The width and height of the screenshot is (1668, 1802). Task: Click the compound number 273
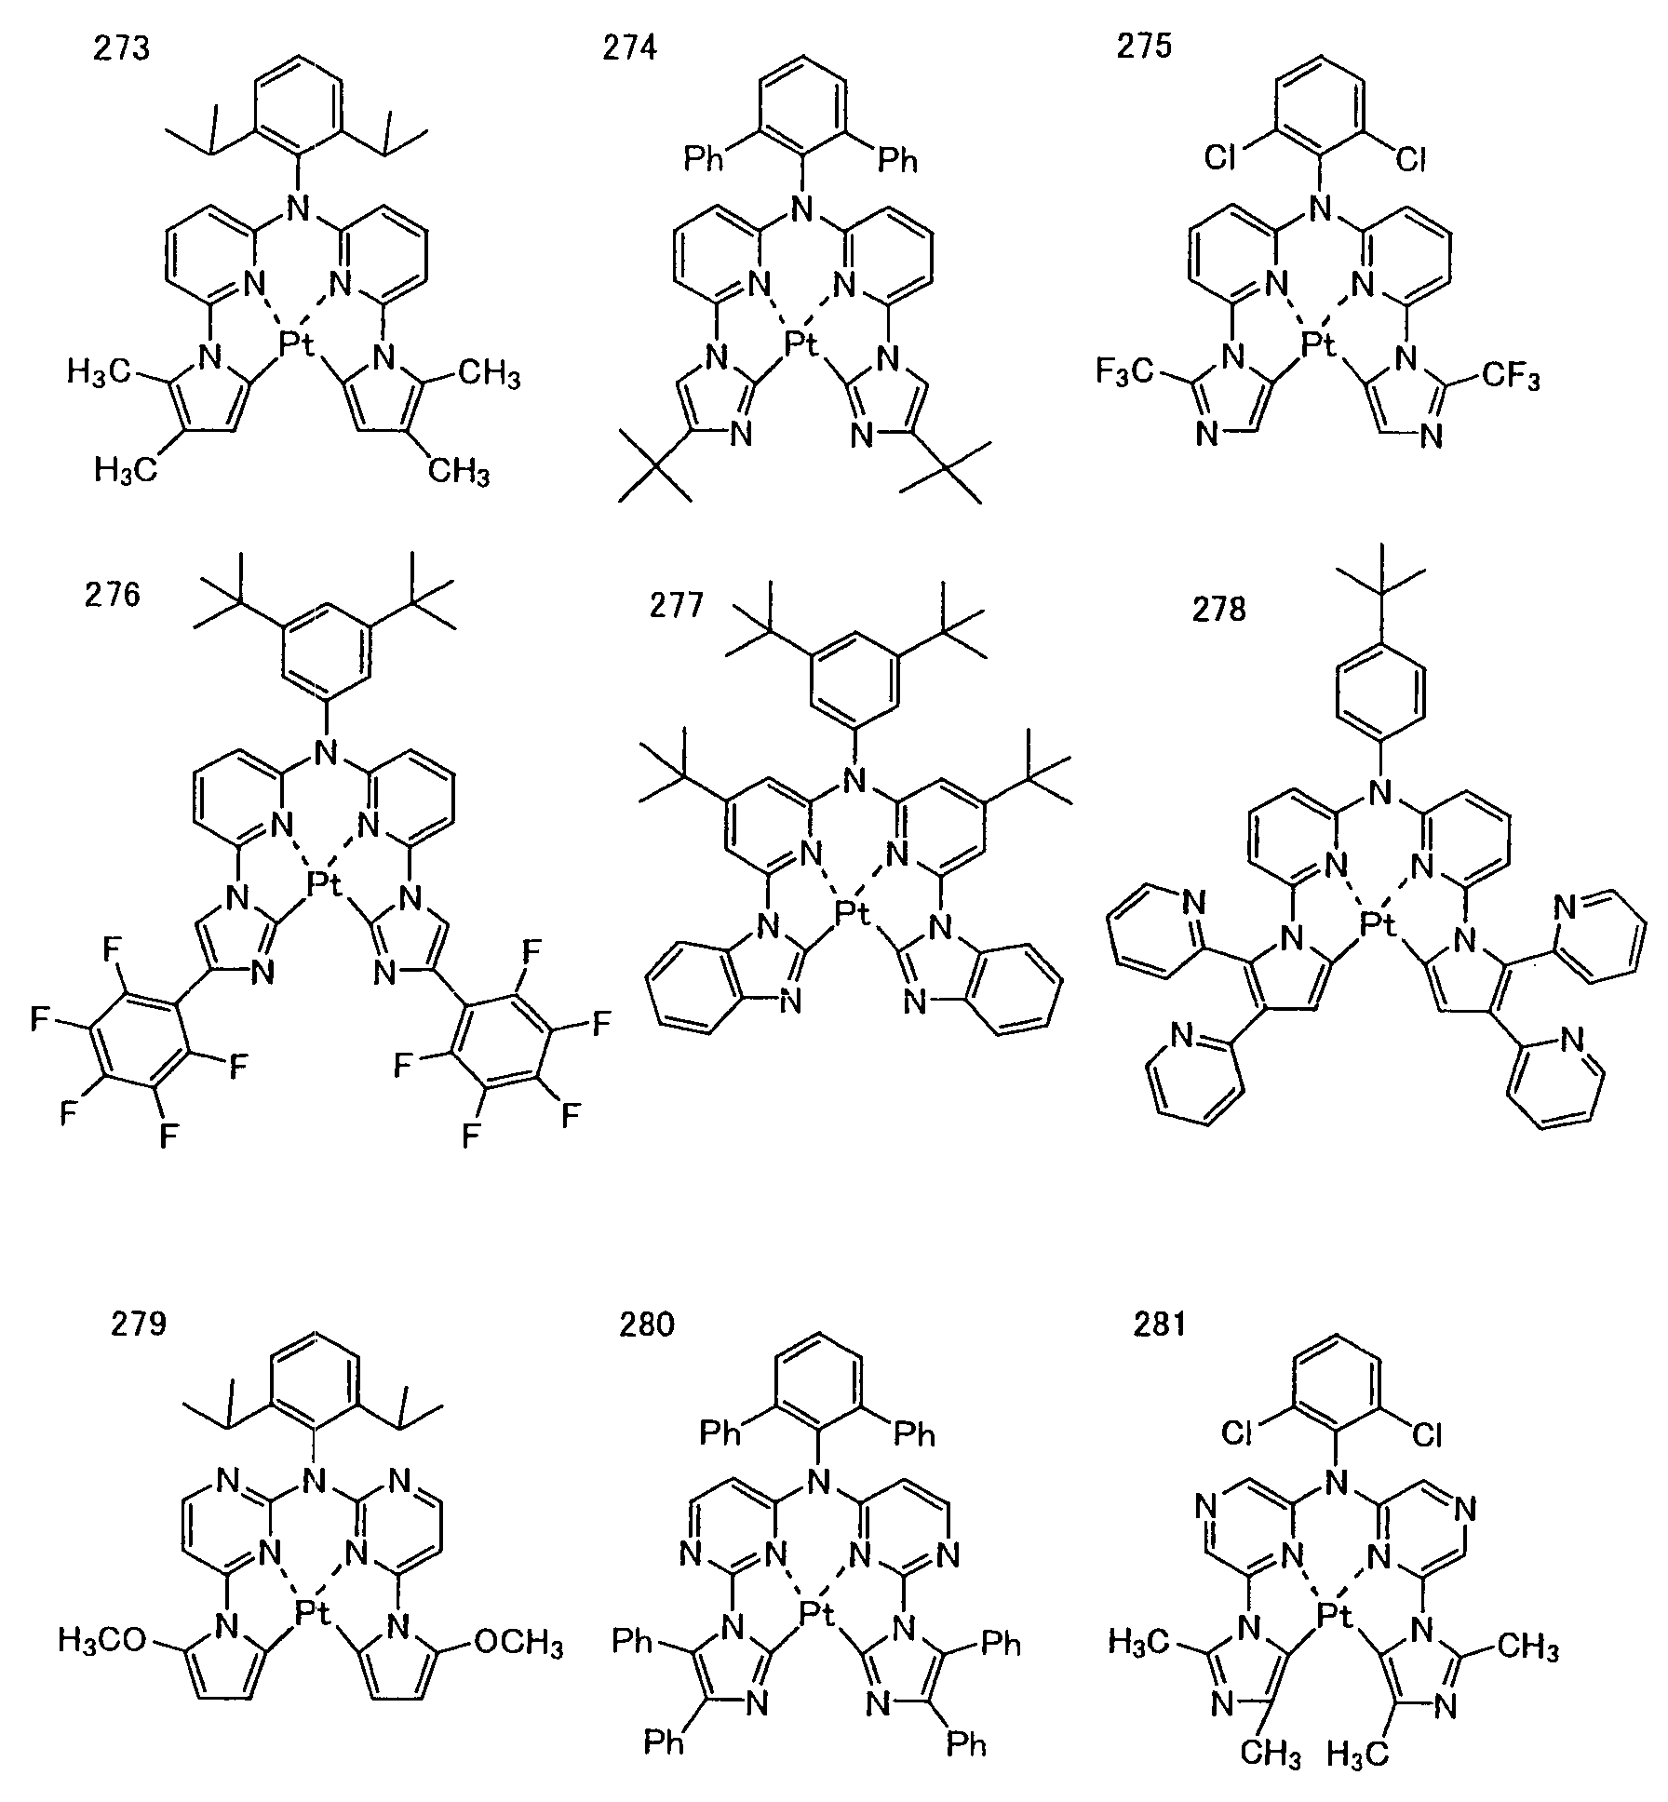(121, 47)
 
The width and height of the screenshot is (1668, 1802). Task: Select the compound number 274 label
(628, 47)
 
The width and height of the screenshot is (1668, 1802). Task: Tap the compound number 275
(1144, 47)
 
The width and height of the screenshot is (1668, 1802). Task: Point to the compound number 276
(113, 594)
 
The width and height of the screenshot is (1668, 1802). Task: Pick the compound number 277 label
(677, 606)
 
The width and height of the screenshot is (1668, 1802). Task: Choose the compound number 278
(1218, 610)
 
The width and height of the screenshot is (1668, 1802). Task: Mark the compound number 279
(139, 1322)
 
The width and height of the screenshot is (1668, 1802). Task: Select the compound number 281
(1159, 1323)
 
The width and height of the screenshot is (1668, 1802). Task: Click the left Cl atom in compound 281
(1237, 1433)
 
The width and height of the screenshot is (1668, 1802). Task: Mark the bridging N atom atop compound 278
(1380, 793)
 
